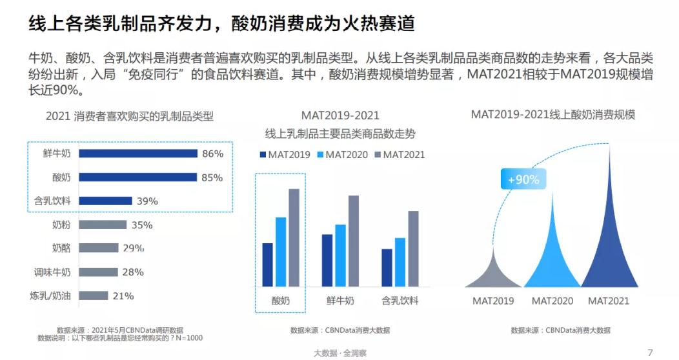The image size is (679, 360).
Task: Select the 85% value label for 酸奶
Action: point(212,177)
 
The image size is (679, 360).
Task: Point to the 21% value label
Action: point(123,296)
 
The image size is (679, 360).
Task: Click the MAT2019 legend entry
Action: point(285,155)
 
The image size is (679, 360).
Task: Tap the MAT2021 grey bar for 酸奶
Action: point(294,237)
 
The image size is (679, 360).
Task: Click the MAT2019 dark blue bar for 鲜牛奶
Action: point(327,260)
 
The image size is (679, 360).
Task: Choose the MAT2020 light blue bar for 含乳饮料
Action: point(400,261)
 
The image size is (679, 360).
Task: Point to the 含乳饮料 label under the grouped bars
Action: point(400,301)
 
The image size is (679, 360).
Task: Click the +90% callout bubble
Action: point(523,180)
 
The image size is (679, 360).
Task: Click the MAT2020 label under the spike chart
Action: point(552,301)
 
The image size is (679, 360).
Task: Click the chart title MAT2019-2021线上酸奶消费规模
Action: point(553,115)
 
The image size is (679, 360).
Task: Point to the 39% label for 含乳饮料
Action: point(147,201)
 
